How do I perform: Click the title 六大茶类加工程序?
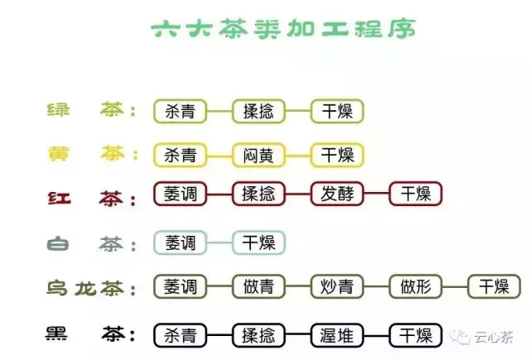click(283, 28)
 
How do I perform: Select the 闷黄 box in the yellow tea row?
click(258, 156)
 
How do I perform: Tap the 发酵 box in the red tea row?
click(337, 194)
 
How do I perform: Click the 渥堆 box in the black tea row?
click(337, 335)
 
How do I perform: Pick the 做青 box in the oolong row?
click(258, 286)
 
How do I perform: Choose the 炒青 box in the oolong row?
click(337, 286)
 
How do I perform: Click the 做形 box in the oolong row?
click(416, 286)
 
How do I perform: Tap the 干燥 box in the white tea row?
click(258, 242)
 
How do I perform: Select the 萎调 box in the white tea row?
click(181, 242)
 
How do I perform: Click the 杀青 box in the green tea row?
click(181, 111)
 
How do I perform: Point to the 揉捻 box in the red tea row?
click(258, 194)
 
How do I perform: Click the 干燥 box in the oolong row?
click(494, 286)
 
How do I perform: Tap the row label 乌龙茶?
click(85, 289)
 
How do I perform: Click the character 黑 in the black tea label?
click(56, 333)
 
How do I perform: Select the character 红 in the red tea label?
click(59, 199)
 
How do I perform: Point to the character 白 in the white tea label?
click(58, 244)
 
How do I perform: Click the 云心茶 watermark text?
click(494, 337)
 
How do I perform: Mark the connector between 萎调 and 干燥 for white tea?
click(219, 242)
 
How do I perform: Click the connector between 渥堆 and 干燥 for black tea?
click(376, 335)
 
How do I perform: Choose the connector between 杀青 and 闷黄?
click(219, 156)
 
